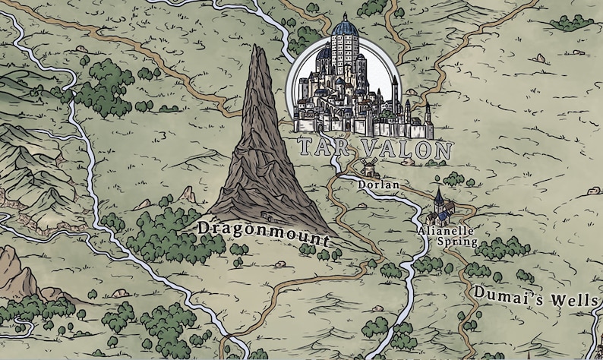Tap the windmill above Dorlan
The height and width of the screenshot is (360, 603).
(x=369, y=167)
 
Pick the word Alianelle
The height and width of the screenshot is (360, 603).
(x=447, y=230)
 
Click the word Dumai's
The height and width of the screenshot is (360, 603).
(x=504, y=292)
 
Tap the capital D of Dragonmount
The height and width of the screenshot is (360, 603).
(x=203, y=228)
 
